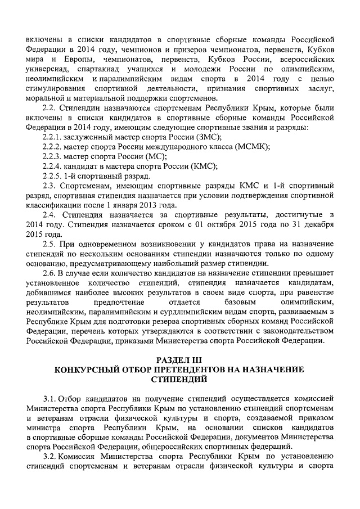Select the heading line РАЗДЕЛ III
(179, 360)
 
